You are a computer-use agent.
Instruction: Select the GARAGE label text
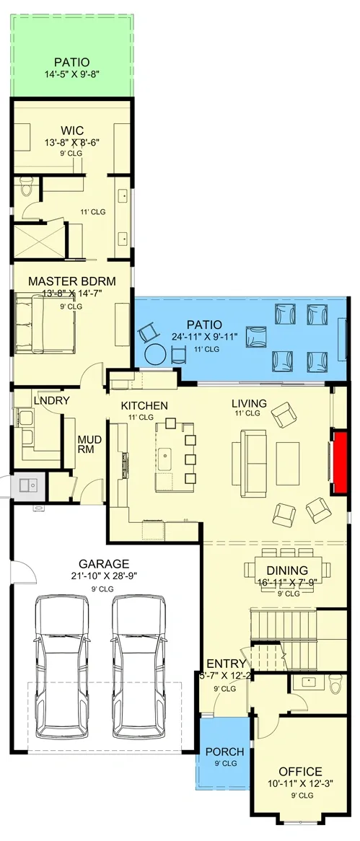click(105, 563)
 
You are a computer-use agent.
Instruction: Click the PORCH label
click(224, 752)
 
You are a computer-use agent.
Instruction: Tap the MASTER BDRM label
click(71, 280)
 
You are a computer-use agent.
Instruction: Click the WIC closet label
click(71, 131)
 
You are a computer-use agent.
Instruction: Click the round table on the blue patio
click(155, 355)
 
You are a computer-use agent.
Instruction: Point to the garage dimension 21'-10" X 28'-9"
click(105, 576)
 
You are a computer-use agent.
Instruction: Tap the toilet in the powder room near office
click(335, 682)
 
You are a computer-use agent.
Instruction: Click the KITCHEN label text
click(144, 405)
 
